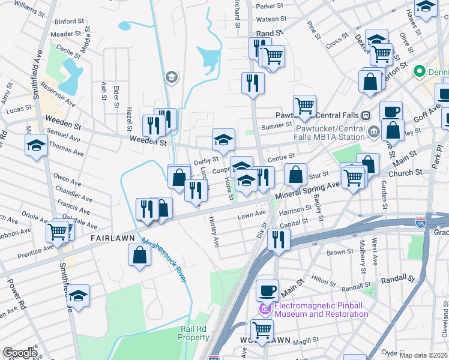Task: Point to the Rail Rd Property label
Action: [194, 333]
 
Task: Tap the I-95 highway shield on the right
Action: [418, 223]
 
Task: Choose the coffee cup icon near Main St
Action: [267, 290]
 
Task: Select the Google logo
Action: [20, 352]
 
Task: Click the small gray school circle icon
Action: [172, 77]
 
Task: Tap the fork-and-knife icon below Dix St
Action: [279, 238]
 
